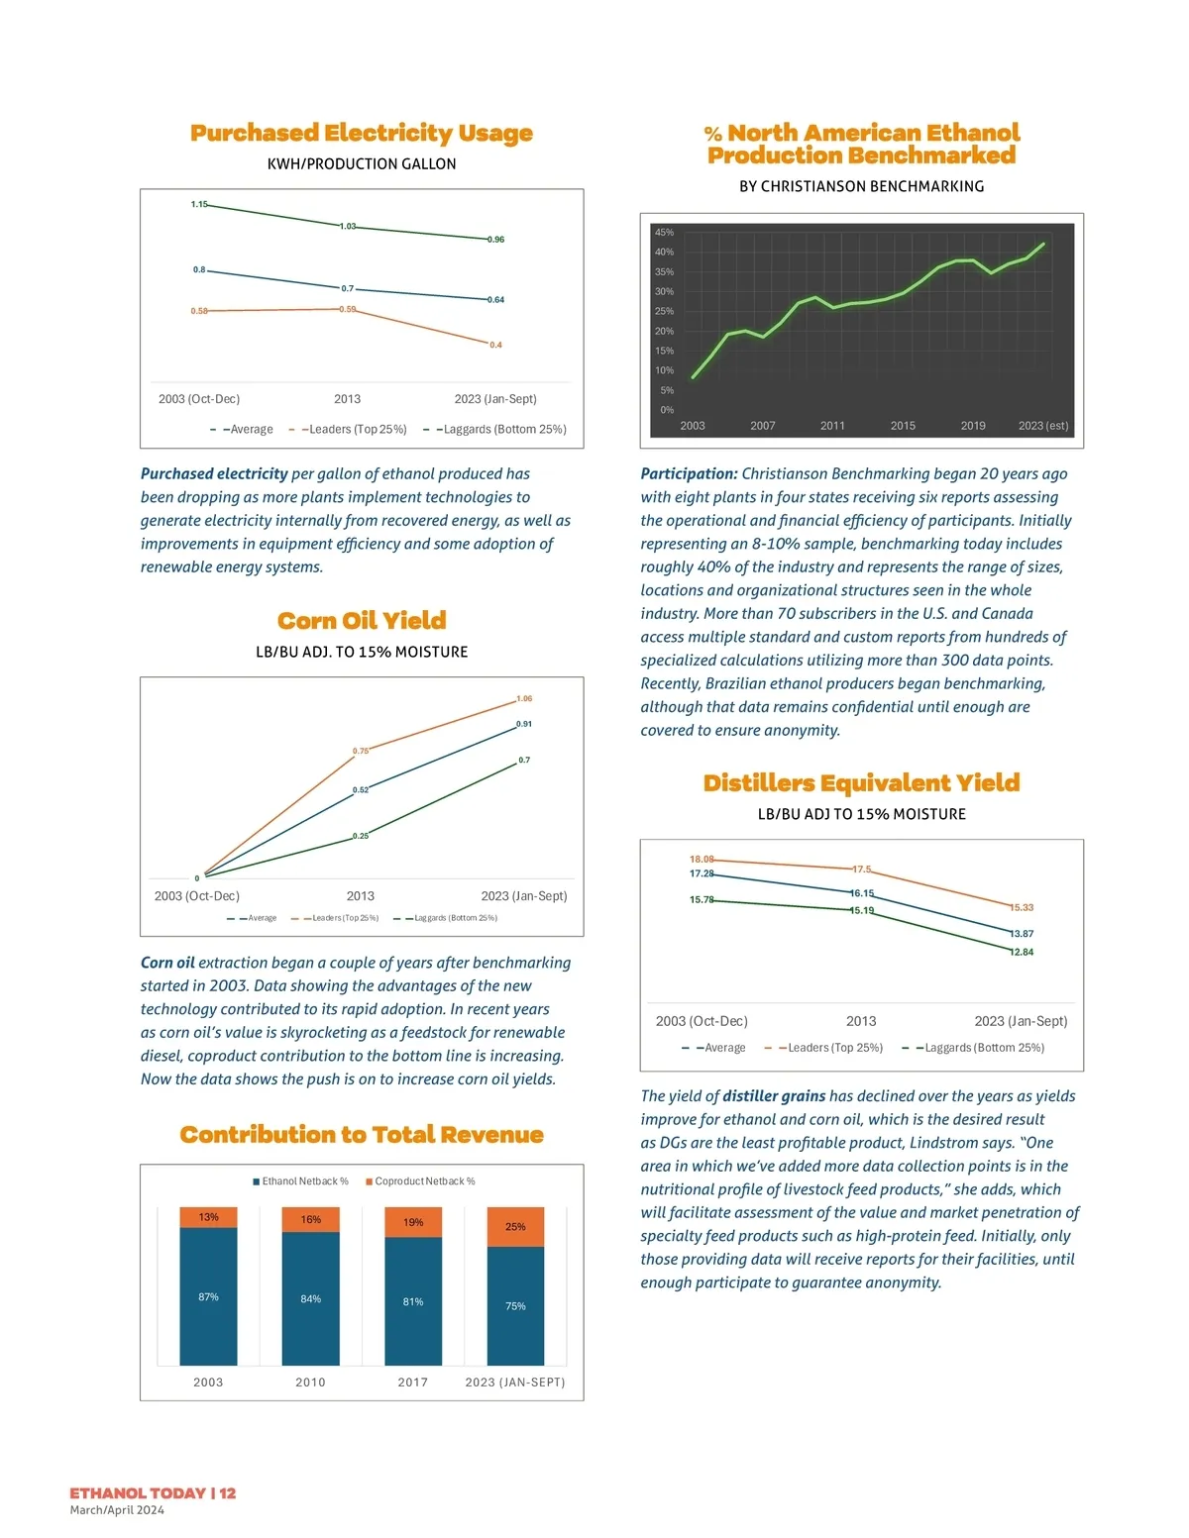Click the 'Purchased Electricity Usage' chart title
click(362, 133)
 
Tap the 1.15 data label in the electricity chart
click(199, 205)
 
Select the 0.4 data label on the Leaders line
click(495, 345)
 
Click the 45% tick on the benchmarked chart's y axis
click(664, 232)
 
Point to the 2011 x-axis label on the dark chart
click(832, 426)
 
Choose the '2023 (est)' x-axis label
click(1043, 426)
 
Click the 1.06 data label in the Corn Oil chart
click(524, 699)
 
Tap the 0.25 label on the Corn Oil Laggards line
click(361, 837)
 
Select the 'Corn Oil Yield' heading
click(362, 621)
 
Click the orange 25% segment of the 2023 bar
click(515, 1227)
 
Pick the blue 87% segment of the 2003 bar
click(208, 1297)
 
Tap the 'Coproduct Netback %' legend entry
click(420, 1181)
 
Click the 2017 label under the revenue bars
click(413, 1383)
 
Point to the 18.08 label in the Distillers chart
click(702, 860)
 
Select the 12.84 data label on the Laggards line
click(1022, 953)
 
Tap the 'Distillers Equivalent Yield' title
click(861, 783)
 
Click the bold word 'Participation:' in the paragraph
click(689, 474)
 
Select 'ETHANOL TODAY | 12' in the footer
click(153, 1493)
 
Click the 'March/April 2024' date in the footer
click(117, 1510)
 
